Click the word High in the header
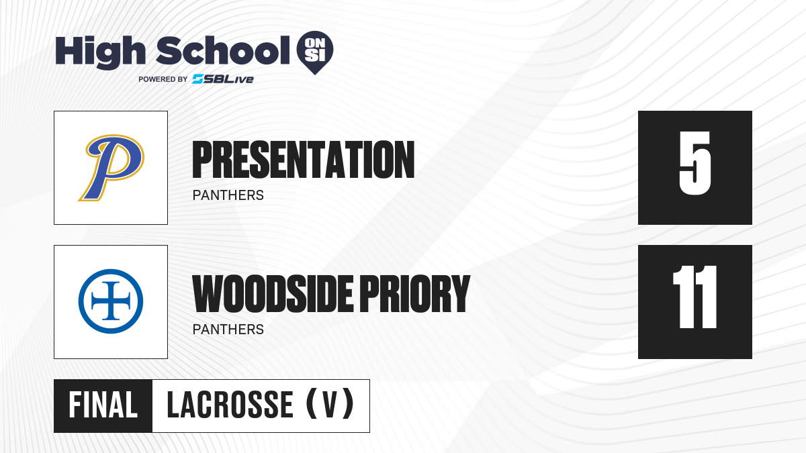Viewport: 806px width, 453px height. point(100,52)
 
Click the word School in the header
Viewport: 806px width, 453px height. point(223,50)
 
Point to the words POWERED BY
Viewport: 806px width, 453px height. point(163,79)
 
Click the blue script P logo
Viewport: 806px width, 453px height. point(111,168)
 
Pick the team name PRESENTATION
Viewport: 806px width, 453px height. point(304,160)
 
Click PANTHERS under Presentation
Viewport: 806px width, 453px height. point(228,195)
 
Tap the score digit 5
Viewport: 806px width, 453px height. point(695,163)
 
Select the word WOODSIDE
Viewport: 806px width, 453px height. point(273,294)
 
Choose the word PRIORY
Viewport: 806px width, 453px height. point(415,294)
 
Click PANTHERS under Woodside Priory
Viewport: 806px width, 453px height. point(228,330)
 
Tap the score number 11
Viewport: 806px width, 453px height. point(695,297)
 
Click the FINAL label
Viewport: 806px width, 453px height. point(103,405)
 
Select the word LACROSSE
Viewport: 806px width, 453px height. point(230,405)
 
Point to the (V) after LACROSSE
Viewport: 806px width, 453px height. point(330,405)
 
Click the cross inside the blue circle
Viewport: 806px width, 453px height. point(111,301)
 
